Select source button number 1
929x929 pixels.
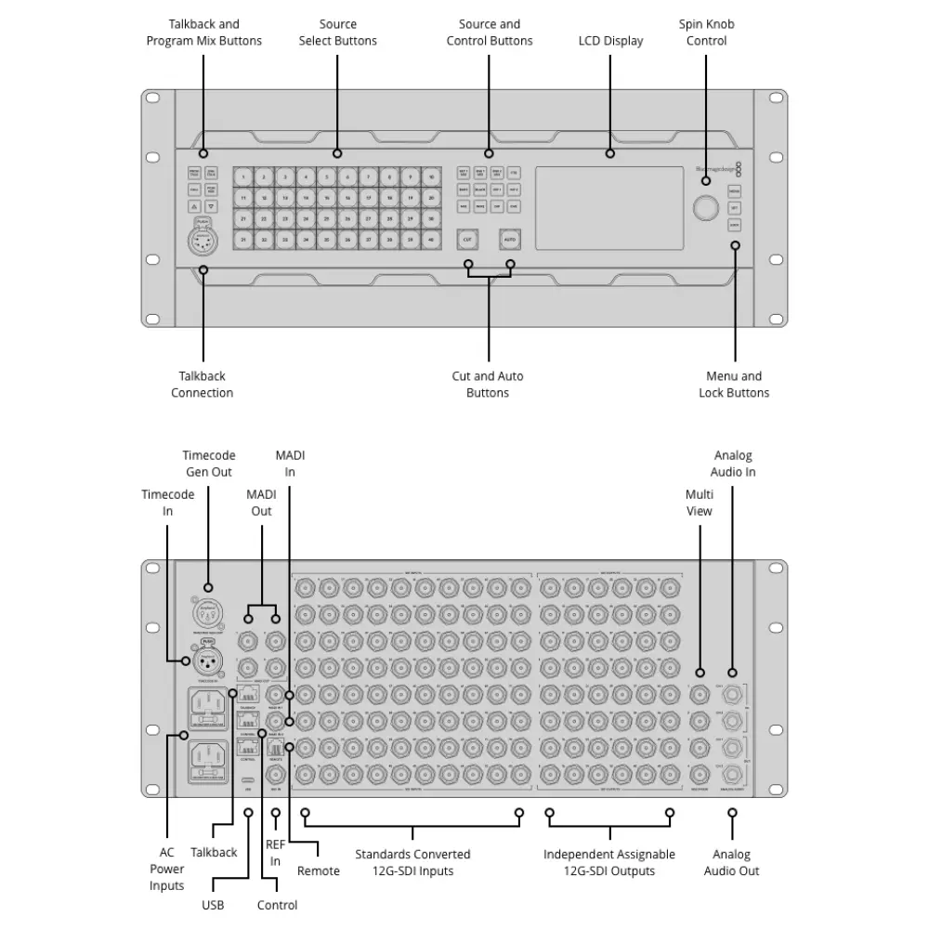243,177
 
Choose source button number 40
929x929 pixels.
431,239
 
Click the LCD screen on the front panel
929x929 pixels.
609,208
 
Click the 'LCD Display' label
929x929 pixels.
610,41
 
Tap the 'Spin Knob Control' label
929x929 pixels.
706,33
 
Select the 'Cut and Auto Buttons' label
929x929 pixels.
488,385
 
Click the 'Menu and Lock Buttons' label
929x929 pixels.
734,385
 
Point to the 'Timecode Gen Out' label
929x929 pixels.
208,464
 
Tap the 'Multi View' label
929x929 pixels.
699,503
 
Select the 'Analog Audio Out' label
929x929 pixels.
732,862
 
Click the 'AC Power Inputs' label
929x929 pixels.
167,870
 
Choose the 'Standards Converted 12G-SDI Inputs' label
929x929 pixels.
412,862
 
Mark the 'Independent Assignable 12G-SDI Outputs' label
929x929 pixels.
609,862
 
